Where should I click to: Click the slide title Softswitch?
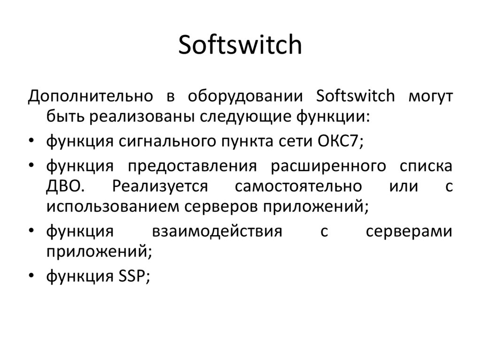pos(240,45)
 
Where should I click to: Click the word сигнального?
pos(166,141)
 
